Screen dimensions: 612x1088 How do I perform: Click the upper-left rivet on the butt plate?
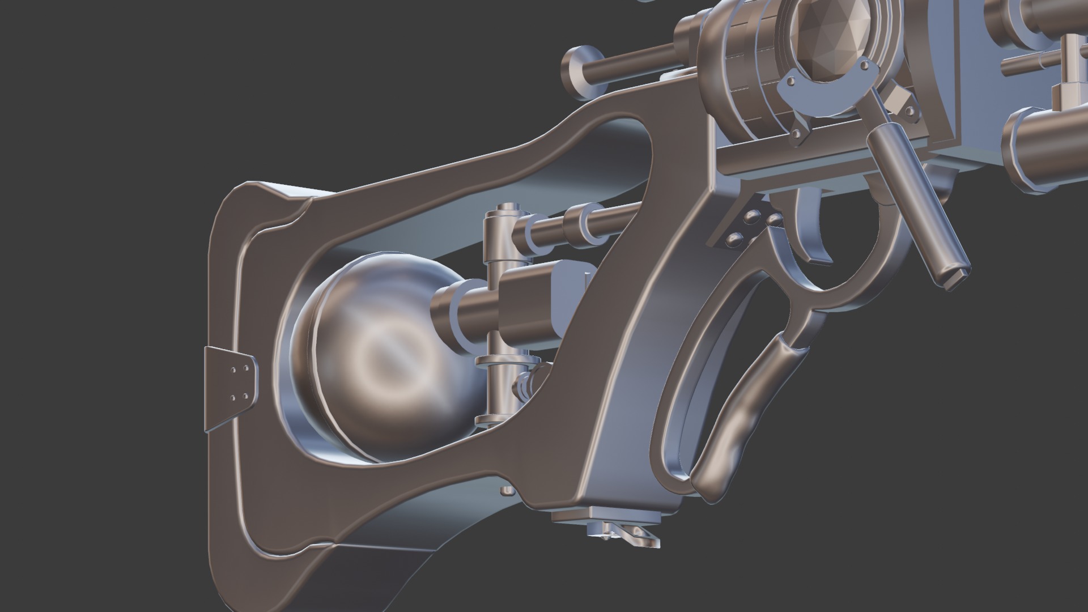[233, 369]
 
